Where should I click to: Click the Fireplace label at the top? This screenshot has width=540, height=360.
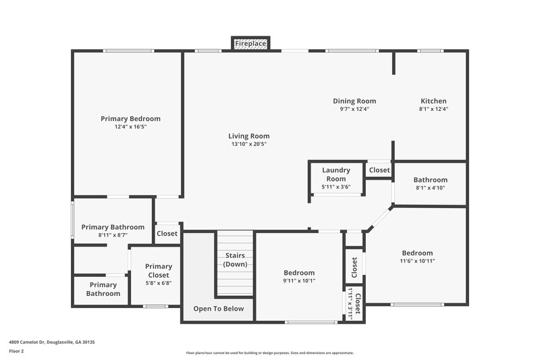coord(250,44)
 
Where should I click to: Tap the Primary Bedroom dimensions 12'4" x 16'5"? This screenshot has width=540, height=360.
coord(130,126)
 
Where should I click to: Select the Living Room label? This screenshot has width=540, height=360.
coord(248,136)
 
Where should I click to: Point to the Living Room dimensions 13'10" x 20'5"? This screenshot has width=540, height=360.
coord(248,144)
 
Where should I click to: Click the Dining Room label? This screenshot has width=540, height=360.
coord(354,101)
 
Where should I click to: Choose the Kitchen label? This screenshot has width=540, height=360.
coord(433,101)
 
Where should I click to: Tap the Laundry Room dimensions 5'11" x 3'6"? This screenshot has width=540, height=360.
coord(335,186)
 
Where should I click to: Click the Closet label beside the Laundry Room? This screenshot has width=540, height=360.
coord(379,170)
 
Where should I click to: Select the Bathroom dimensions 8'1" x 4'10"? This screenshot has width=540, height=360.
coord(430,188)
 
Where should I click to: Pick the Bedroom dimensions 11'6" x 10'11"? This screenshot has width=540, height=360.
coord(417,261)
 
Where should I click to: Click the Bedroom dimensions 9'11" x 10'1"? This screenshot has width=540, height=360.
coord(298,281)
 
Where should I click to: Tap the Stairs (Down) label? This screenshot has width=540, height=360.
coord(234,259)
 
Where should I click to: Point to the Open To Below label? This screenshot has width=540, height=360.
coord(218,309)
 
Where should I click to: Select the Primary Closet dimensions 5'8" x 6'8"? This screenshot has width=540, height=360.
coord(158,283)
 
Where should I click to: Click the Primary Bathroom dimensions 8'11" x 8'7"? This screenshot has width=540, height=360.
coord(113,235)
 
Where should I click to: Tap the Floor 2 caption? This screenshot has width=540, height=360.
coord(17,351)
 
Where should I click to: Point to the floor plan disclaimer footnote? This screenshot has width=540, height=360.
coord(270,353)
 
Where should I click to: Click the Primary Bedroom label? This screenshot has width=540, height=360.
coord(130,118)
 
